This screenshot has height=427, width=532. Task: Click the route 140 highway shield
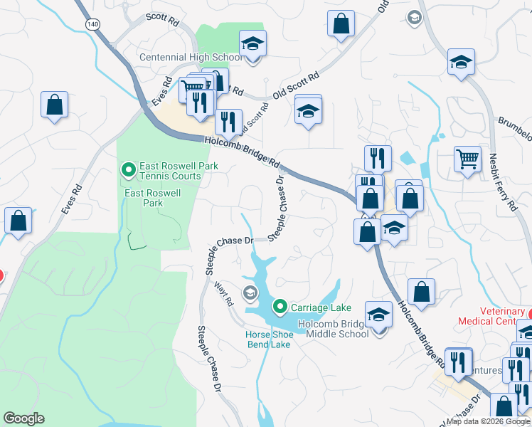93,24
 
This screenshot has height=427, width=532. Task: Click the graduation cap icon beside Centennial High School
252,44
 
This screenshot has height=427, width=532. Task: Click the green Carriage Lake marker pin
280,307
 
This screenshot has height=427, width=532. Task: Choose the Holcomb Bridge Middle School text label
333,329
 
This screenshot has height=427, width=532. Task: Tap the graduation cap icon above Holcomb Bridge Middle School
379,315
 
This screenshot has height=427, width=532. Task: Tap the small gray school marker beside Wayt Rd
250,291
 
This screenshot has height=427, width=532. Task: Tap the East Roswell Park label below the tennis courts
153,198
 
